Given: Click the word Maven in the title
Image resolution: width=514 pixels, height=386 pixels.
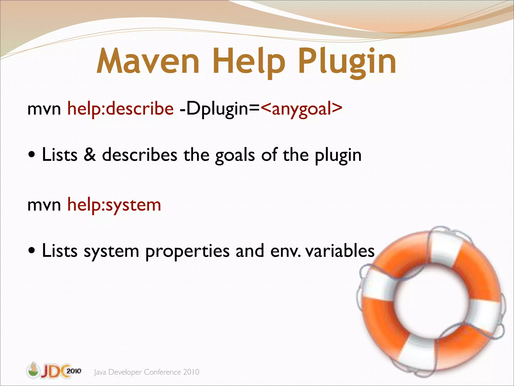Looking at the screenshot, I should [148, 61].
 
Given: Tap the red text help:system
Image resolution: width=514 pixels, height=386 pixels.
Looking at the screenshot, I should [114, 205].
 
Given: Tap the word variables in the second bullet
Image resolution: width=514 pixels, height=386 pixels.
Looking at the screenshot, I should [340, 251].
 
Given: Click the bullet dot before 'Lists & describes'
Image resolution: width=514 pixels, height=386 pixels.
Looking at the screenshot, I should [32, 155].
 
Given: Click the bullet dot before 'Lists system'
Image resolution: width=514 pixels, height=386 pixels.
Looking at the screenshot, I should [32, 251].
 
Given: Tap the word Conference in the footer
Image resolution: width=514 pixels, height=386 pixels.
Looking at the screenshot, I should [162, 372].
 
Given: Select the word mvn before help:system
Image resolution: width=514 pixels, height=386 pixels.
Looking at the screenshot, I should [44, 205].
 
